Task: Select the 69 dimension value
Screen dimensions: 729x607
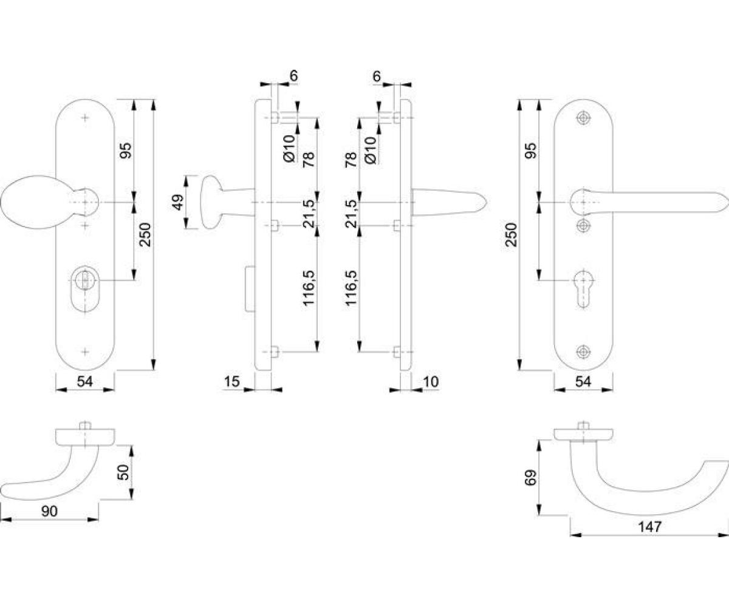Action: point(530,478)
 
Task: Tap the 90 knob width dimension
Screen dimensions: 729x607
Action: point(49,512)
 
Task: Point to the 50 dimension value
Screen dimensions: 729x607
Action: point(124,472)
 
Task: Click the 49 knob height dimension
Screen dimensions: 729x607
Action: point(178,202)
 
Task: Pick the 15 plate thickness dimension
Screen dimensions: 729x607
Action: point(232,381)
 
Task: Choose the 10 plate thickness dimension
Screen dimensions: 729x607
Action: point(431,382)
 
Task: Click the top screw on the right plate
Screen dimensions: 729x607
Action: point(583,118)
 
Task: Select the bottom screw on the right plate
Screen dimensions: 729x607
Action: point(583,351)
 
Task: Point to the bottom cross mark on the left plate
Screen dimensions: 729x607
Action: point(85,351)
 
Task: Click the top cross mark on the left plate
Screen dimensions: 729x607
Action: point(85,118)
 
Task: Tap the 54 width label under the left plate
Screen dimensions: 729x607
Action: point(85,381)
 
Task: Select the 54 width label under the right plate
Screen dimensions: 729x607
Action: point(583,381)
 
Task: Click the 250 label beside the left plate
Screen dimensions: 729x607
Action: point(145,235)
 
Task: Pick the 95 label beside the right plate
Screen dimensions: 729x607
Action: point(530,151)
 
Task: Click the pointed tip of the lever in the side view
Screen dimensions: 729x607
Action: point(487,202)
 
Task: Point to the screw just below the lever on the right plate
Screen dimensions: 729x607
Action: point(583,226)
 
